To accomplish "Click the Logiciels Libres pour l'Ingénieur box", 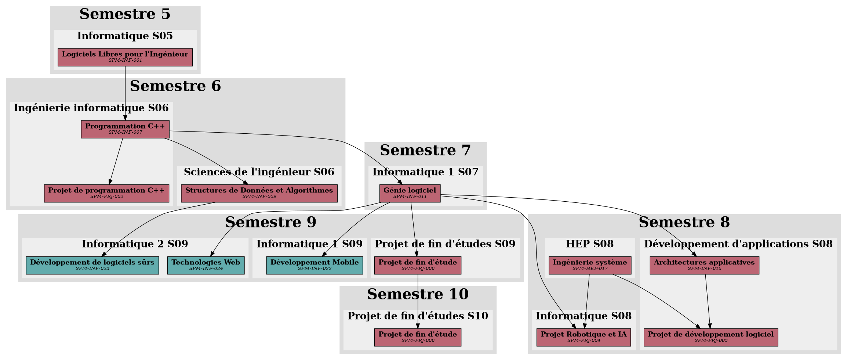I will [125, 57].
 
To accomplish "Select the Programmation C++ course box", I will [125, 129].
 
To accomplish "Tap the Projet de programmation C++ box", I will [106, 193].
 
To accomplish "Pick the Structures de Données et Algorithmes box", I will [259, 193].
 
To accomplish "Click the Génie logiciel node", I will [410, 193].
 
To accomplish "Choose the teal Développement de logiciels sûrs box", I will [92, 265].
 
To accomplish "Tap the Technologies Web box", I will [206, 265].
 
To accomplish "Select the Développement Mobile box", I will [314, 265].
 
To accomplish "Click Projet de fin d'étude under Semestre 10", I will [418, 337].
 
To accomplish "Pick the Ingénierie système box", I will [590, 265].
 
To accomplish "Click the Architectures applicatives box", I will [704, 265].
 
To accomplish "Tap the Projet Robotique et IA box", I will [584, 337].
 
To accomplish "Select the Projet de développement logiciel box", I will [710, 337].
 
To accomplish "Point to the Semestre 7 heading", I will [425, 150].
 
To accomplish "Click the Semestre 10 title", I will [418, 294].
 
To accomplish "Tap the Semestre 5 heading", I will [125, 14].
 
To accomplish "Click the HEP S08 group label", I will [590, 244].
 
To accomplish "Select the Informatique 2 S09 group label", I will [135, 244].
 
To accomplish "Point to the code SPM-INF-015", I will [704, 269].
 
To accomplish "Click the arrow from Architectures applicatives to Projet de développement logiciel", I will [708, 301].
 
